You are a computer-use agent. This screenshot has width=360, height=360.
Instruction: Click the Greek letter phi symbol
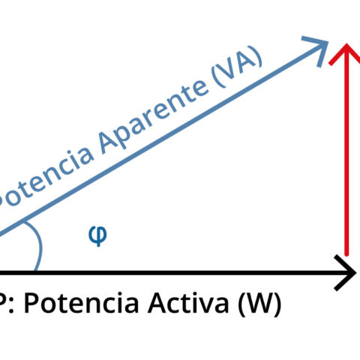(98, 236)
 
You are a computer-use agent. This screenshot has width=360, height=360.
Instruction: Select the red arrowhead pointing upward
(346, 54)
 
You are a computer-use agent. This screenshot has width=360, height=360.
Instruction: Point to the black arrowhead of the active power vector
(346, 272)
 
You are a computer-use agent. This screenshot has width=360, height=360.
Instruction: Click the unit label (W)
(259, 304)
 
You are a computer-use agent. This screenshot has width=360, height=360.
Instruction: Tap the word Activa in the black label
(188, 303)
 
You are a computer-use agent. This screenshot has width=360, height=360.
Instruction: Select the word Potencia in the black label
(82, 303)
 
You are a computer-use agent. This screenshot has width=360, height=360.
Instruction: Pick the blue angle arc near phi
(40, 246)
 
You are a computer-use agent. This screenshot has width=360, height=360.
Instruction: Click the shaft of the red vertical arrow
(346, 150)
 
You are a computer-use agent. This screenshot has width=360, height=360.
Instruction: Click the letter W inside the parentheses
(259, 303)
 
